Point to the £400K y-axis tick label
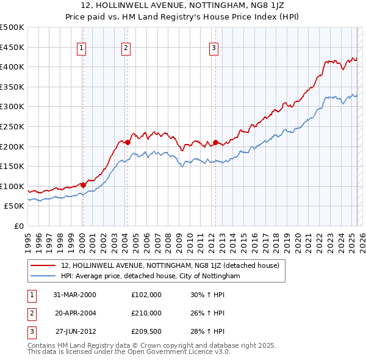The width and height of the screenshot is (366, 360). [x=12, y=67]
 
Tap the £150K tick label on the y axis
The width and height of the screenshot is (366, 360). [x=12, y=166]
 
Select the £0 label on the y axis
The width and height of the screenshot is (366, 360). [x=20, y=226]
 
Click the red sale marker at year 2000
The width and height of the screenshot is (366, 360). [x=83, y=185]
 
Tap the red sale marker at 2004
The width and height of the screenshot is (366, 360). [x=127, y=142]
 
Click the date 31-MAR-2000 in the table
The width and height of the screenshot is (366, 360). [x=75, y=294]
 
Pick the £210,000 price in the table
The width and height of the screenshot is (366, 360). [x=146, y=313]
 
